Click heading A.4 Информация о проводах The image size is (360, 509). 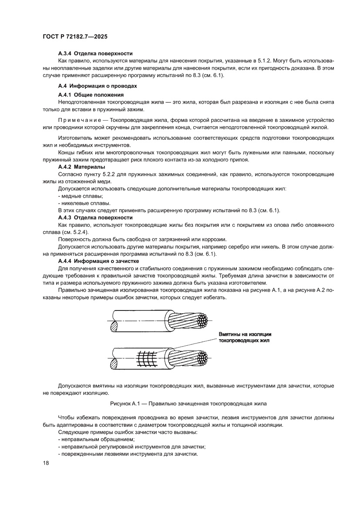pos(98,86)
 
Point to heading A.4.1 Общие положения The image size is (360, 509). pos(91,94)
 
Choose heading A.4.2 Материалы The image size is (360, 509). pos(83,167)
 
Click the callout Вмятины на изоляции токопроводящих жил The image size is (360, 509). pos(245,337)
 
